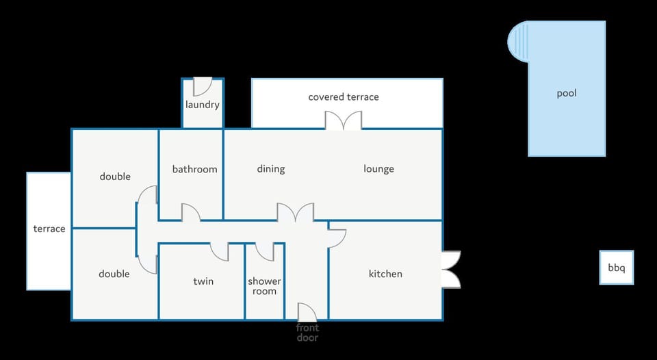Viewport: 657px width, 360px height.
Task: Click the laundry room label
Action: point(203,104)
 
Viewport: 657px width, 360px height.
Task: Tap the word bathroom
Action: point(195,169)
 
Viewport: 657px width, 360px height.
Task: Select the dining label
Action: point(271,169)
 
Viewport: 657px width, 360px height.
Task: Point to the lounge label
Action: point(378,169)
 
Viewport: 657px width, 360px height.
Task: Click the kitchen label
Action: point(385,274)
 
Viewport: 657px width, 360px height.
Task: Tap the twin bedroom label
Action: point(203,281)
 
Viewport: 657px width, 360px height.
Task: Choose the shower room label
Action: point(264,286)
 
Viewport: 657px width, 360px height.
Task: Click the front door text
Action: point(307,333)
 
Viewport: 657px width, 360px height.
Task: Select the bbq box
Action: point(617,268)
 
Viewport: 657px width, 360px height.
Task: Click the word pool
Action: point(567,93)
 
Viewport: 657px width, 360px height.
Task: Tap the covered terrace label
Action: point(344,97)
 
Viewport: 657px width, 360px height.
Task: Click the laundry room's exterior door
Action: point(203,86)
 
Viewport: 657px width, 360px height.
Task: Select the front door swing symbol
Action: point(307,312)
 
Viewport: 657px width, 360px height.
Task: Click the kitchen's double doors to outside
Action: point(451,270)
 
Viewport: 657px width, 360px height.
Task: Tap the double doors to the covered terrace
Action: point(344,120)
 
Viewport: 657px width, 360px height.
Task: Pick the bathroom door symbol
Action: point(191,212)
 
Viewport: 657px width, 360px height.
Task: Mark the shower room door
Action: point(265,252)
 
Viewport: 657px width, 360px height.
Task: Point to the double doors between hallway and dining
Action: point(296,212)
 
